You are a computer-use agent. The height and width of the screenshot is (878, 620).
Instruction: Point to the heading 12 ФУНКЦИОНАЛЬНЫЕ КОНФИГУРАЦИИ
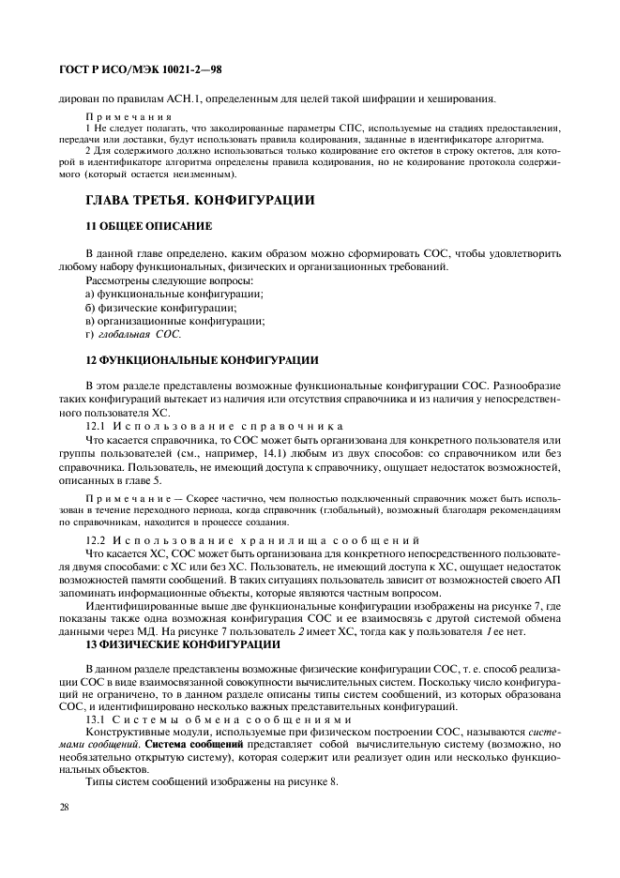[202, 359]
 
